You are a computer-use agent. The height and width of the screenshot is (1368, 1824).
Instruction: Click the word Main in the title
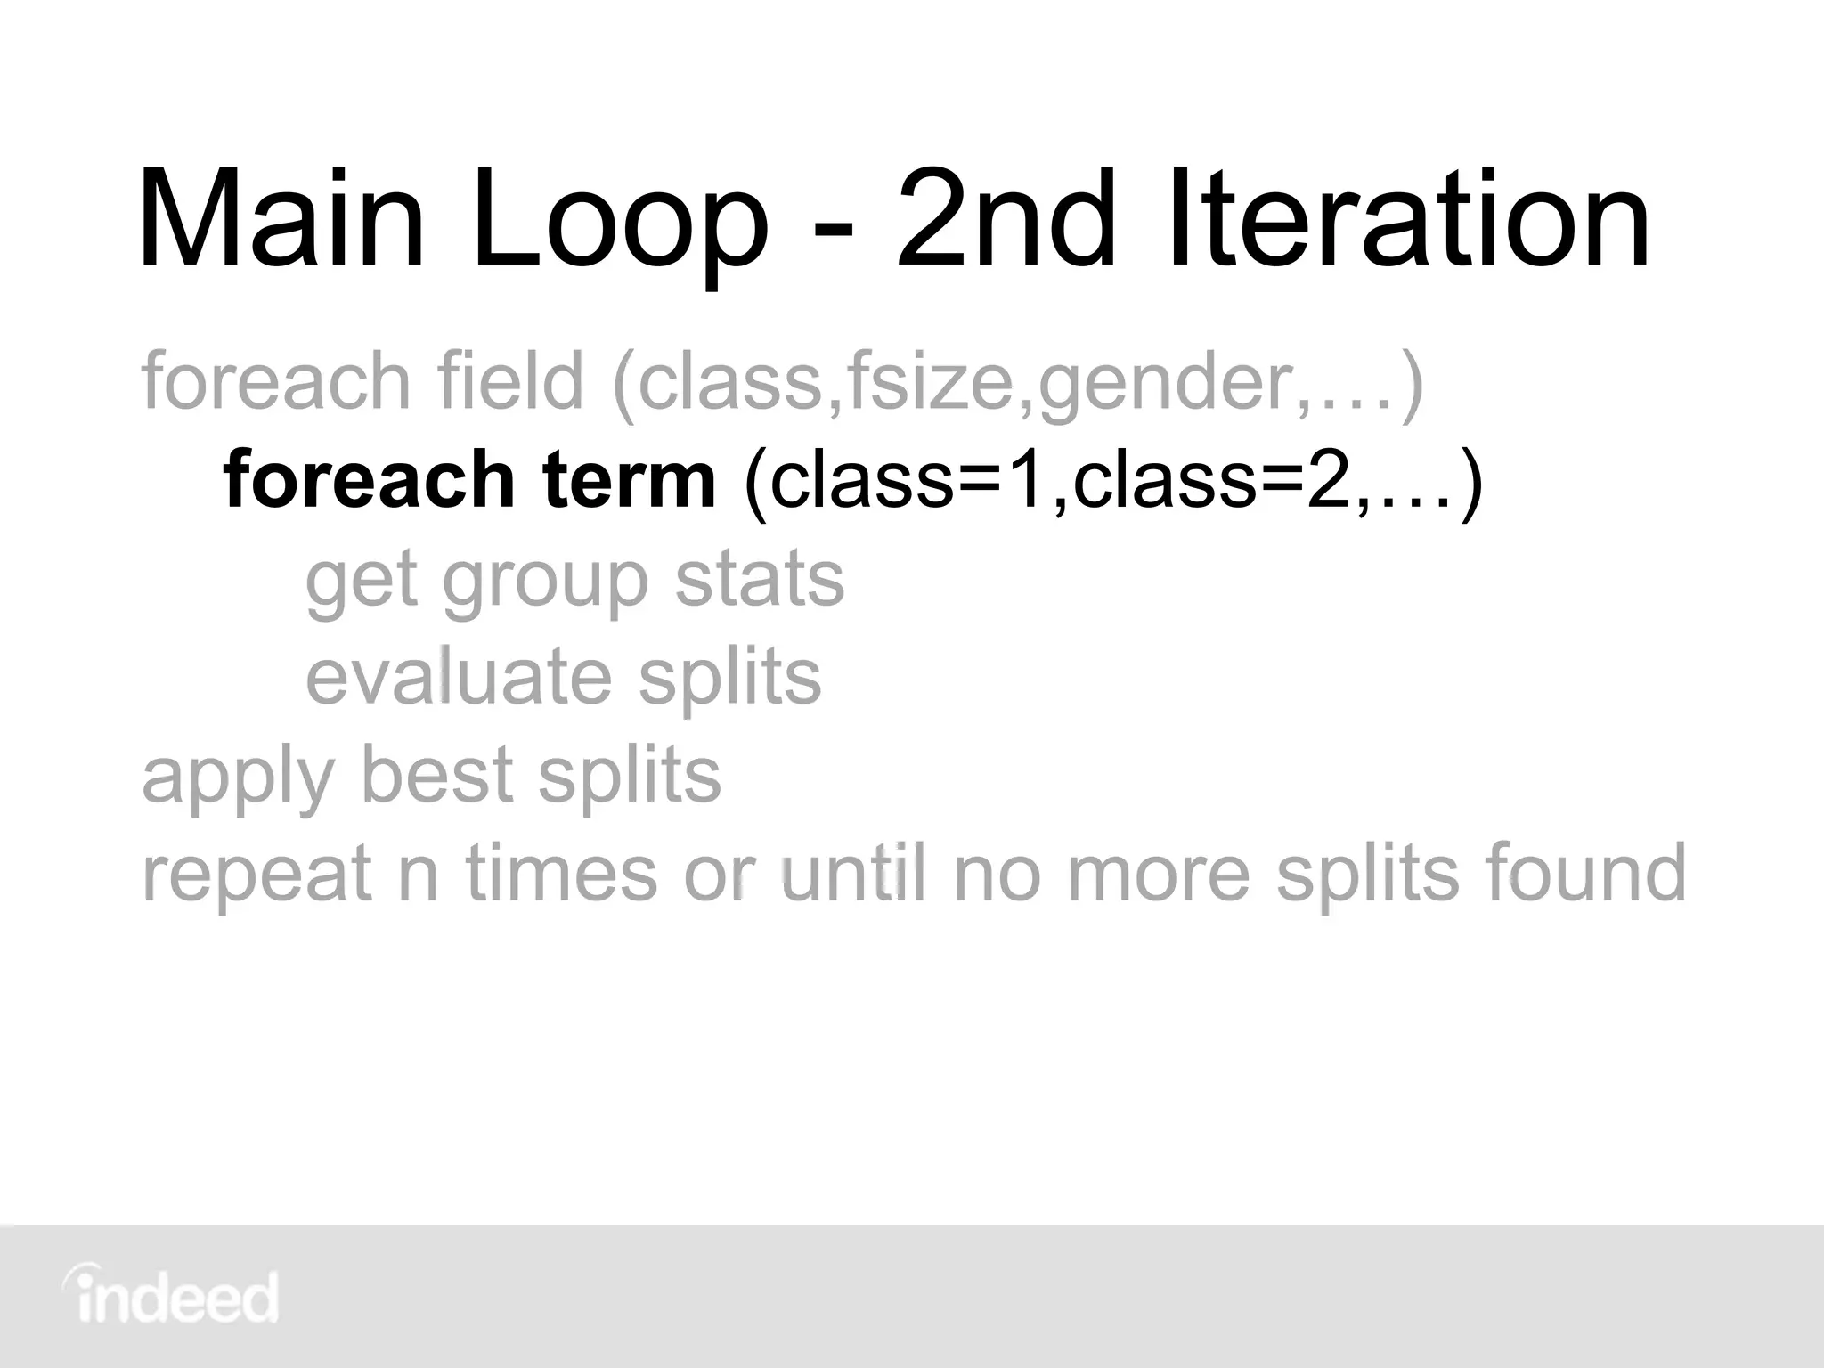281,221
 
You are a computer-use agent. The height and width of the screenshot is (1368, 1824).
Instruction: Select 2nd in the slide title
1006,221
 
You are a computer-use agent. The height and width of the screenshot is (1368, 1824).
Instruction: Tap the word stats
759,581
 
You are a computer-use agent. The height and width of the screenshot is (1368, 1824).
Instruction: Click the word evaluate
459,677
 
